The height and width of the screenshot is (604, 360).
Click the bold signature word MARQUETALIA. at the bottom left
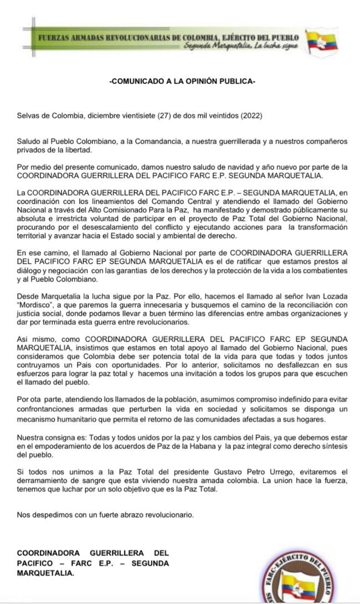click(x=45, y=574)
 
